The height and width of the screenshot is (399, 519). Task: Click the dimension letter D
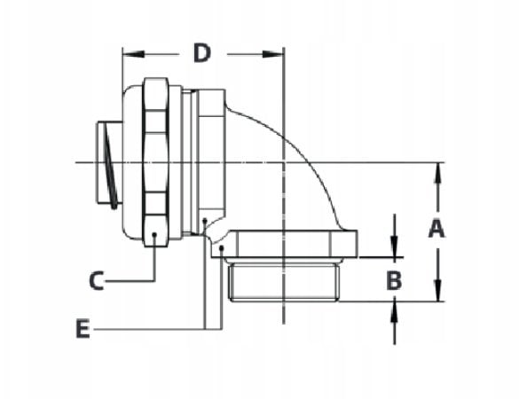tap(202, 53)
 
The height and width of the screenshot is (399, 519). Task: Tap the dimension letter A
tap(436, 229)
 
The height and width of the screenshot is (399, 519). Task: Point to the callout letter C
tap(97, 281)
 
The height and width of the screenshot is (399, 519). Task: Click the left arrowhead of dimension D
tap(128, 54)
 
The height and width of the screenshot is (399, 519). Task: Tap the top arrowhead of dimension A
tap(436, 171)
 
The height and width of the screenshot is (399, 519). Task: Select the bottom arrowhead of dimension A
tap(436, 294)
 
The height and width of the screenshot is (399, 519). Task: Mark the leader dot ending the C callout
tap(155, 235)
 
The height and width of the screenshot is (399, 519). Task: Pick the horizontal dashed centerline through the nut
tap(373, 162)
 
